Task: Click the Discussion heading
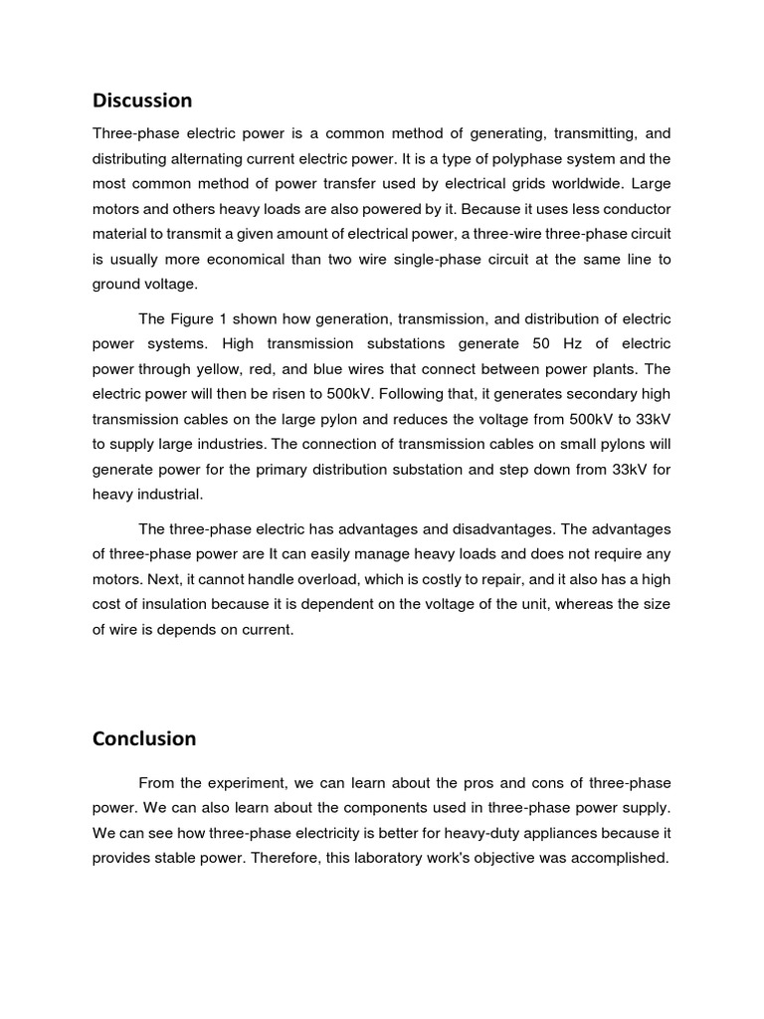click(x=142, y=101)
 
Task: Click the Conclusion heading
click(x=144, y=738)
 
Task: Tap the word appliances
click(x=562, y=832)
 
